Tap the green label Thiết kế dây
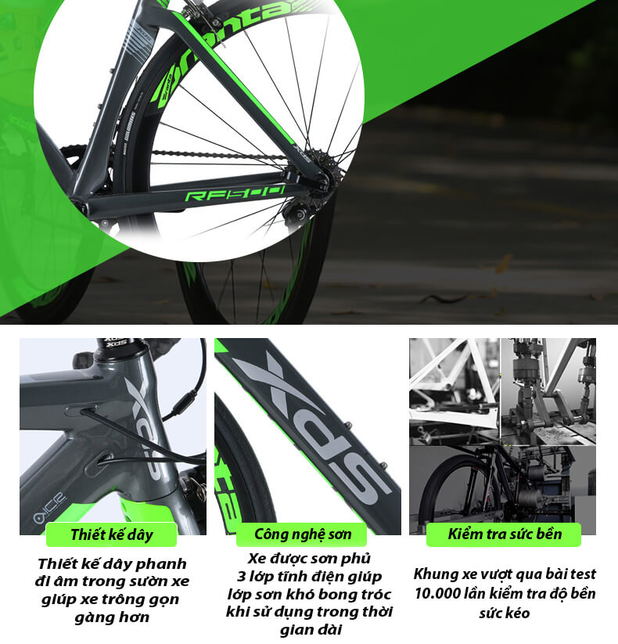tap(111, 534)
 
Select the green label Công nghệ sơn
tap(302, 534)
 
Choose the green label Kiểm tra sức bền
tap(504, 534)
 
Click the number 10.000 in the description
tap(437, 593)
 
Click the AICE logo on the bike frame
tap(50, 509)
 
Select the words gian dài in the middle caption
tap(311, 629)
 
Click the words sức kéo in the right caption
tap(505, 613)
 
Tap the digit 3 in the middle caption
tap(241, 577)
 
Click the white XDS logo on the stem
tap(114, 344)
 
